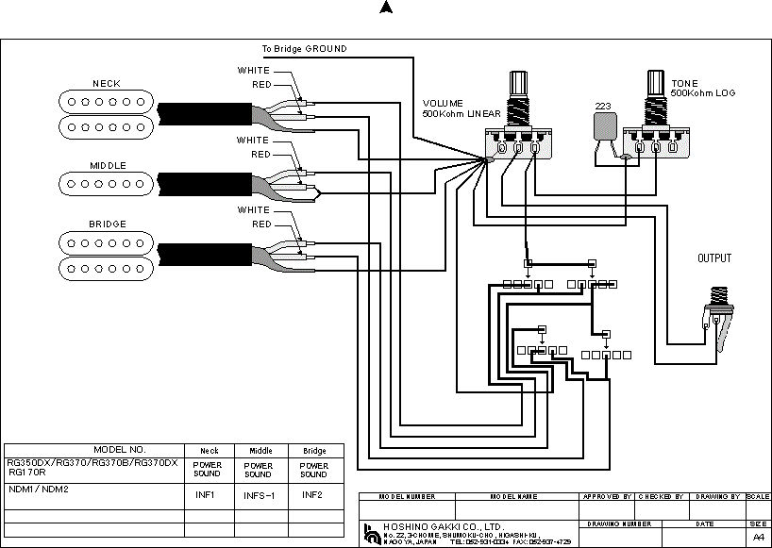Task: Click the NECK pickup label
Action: click(x=107, y=84)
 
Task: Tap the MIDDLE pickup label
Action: click(x=108, y=165)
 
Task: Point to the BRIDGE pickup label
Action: click(x=108, y=224)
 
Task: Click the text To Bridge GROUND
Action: click(x=304, y=48)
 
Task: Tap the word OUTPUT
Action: click(x=714, y=258)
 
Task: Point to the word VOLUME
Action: click(x=444, y=104)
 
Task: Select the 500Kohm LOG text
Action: click(x=703, y=93)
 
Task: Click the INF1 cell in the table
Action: click(x=206, y=494)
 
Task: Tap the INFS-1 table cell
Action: click(x=259, y=494)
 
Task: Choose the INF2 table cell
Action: click(x=313, y=494)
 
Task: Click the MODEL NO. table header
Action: click(x=119, y=450)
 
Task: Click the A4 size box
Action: click(x=758, y=536)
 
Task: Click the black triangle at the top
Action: click(x=385, y=8)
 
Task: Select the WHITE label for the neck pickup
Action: click(x=253, y=71)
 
